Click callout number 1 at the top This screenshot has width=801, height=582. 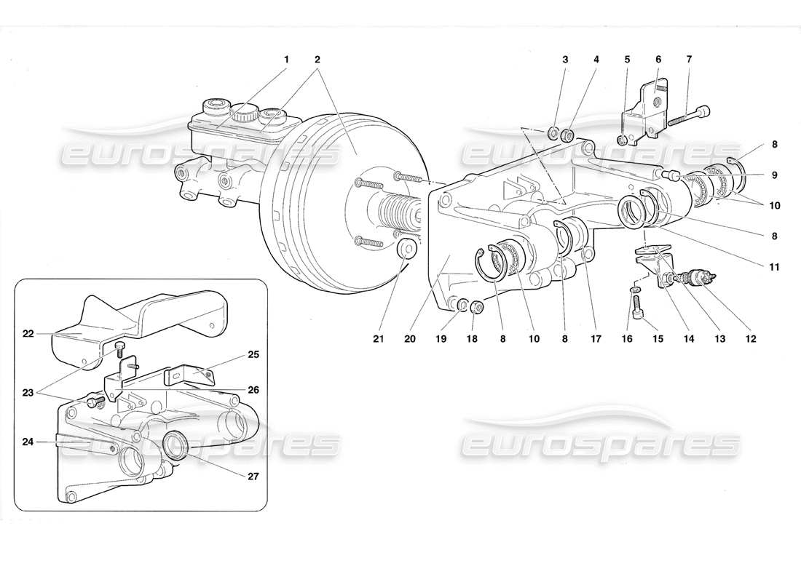tap(286, 59)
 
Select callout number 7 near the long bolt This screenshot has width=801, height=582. tap(689, 59)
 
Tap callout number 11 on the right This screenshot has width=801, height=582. tap(774, 267)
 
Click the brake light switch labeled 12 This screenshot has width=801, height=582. tap(701, 277)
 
